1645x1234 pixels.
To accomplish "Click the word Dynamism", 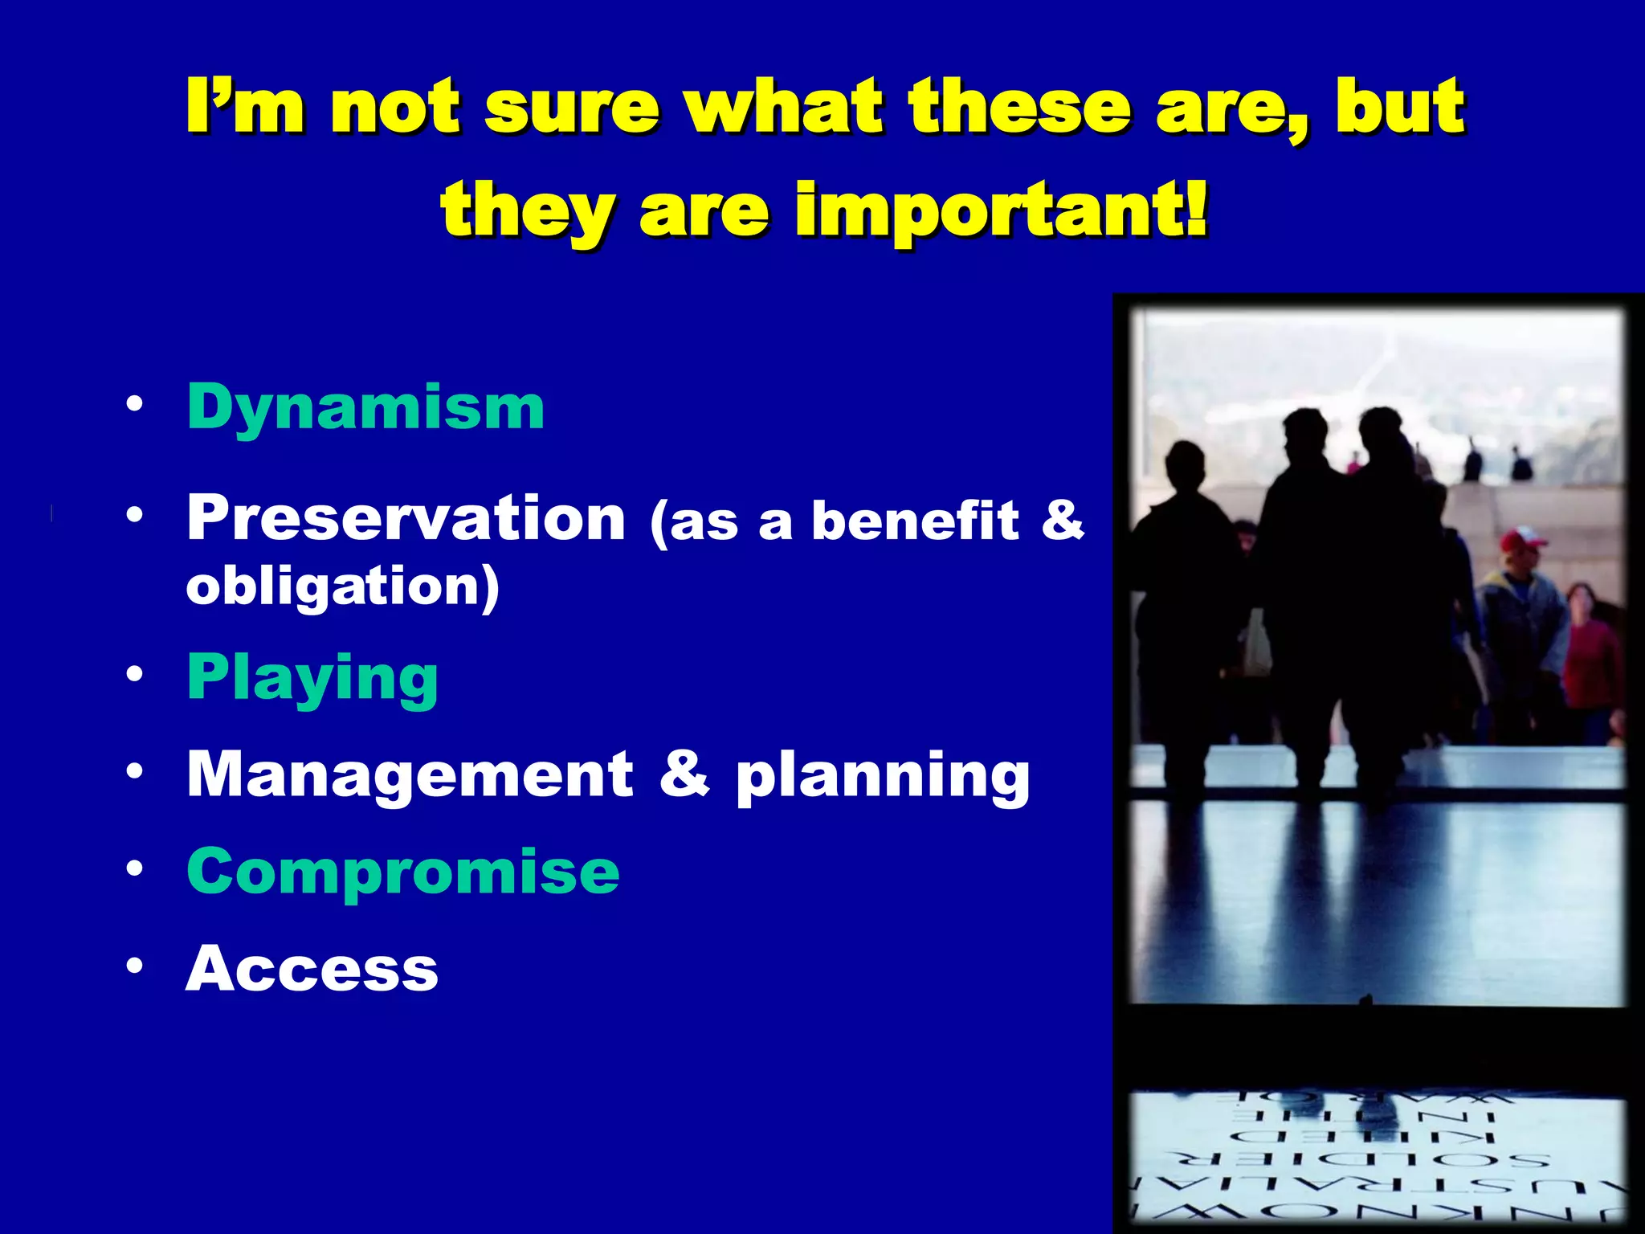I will pyautogui.click(x=365, y=408).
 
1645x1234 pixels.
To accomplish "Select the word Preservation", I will pyautogui.click(x=406, y=518).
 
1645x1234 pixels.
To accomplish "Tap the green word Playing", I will pyautogui.click(x=312, y=679).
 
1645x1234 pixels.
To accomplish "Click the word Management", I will pyautogui.click(x=410, y=774).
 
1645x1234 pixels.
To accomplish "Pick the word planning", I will pyautogui.click(x=883, y=776).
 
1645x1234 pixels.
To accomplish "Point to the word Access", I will pyautogui.click(x=312, y=969).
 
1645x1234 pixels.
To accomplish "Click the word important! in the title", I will pyautogui.click(x=1002, y=210).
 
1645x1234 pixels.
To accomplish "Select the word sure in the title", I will pyautogui.click(x=573, y=107).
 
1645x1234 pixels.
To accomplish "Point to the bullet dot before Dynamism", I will pyautogui.click(x=134, y=403).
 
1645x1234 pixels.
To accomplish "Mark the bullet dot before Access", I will pyautogui.click(x=134, y=965).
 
